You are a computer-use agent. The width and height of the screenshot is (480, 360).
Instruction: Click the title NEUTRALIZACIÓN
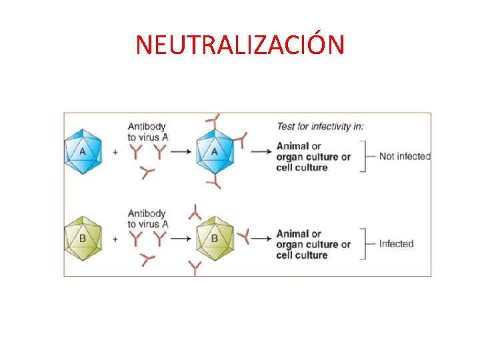(x=240, y=45)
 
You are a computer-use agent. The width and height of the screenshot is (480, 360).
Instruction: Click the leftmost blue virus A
(x=83, y=151)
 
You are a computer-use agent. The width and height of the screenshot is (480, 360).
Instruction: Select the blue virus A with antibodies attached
(x=215, y=151)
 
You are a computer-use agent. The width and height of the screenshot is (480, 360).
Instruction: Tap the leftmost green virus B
(x=83, y=238)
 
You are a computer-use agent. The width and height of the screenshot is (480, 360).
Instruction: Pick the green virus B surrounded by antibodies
(x=215, y=238)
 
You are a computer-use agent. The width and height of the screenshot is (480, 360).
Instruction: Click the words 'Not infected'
(x=405, y=157)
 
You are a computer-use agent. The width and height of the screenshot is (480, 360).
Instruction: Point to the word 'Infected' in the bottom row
(x=396, y=244)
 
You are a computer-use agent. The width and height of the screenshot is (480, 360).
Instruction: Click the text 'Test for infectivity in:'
(x=320, y=126)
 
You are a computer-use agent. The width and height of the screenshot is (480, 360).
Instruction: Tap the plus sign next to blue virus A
(x=115, y=152)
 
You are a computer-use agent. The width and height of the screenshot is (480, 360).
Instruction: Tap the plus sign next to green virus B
(x=115, y=239)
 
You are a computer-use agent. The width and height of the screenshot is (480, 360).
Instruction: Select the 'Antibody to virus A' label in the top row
(x=147, y=131)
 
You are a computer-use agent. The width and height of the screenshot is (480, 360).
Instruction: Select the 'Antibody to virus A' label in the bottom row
(x=147, y=219)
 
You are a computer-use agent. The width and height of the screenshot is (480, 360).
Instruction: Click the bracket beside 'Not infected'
(x=365, y=157)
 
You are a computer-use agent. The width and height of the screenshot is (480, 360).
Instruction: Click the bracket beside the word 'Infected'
(x=365, y=244)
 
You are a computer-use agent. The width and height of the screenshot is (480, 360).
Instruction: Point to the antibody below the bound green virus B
(x=195, y=268)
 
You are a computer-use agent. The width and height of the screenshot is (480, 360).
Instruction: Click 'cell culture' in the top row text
(x=302, y=167)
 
